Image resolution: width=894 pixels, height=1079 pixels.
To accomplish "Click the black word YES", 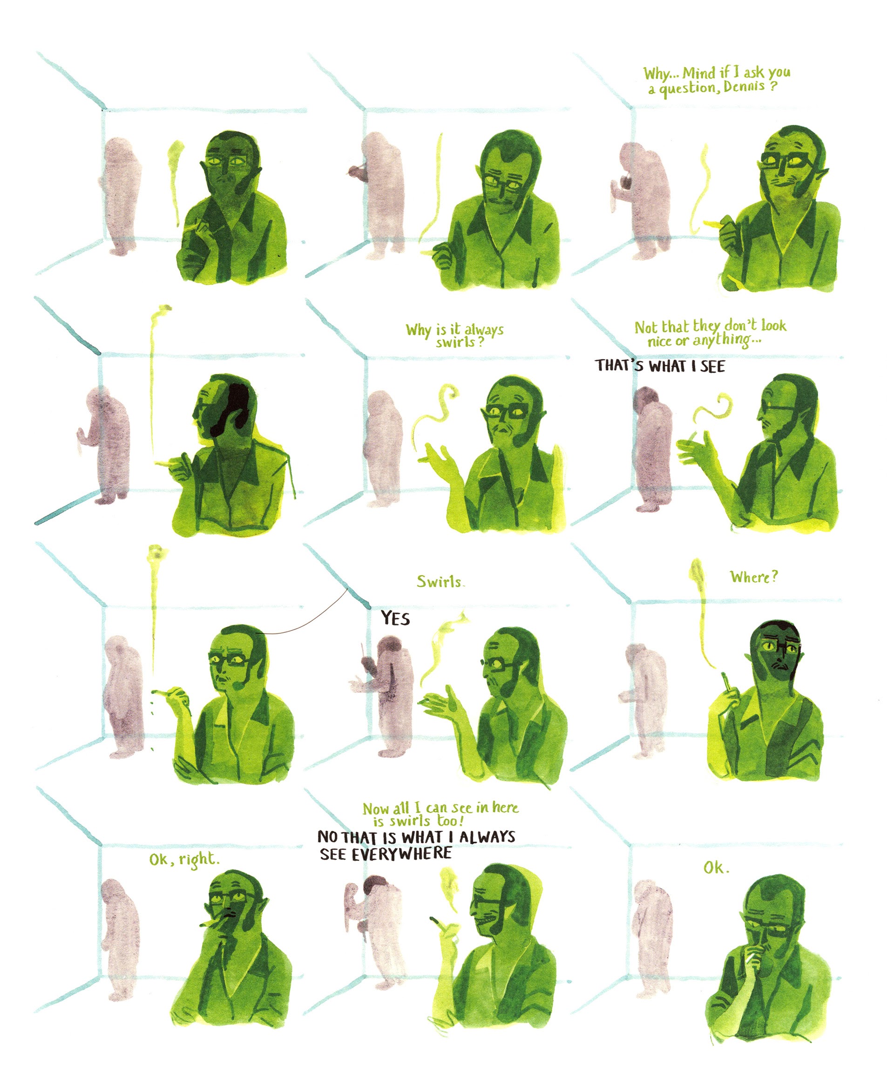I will pos(395,618).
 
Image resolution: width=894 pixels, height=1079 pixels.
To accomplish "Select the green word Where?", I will pos(754,577).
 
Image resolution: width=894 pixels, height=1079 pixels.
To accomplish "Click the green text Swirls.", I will pos(440,582).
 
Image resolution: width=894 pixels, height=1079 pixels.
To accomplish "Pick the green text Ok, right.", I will pos(184,859).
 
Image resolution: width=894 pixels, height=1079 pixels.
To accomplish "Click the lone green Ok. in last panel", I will pos(716,868).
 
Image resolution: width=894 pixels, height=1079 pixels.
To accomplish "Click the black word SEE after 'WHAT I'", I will pos(712,366).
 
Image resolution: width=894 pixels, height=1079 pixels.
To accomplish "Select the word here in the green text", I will pos(505,807).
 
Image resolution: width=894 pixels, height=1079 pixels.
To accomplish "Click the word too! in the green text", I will pos(451,821).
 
